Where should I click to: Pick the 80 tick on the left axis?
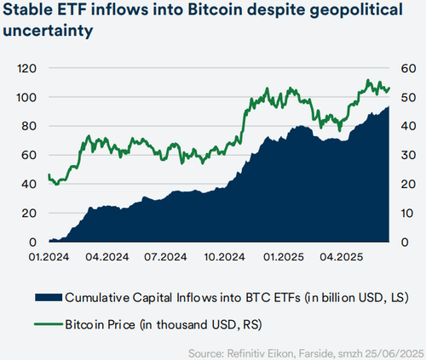(x=26, y=126)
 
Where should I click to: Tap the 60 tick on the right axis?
(x=407, y=68)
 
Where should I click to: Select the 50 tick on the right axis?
(x=407, y=97)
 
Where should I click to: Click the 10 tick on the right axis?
(x=407, y=213)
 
